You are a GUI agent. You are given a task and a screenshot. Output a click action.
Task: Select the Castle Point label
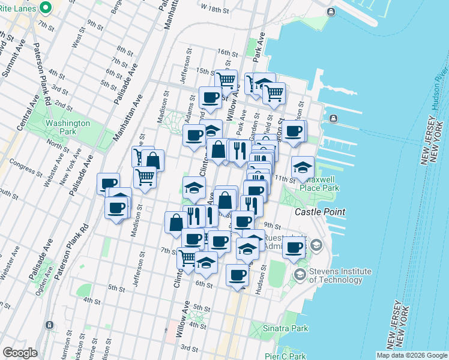coord(320,212)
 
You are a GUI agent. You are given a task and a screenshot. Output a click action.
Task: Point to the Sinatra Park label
coord(286,328)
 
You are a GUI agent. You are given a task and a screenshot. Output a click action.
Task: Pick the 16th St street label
coord(228,52)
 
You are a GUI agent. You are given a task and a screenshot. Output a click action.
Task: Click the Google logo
coord(20,353)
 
